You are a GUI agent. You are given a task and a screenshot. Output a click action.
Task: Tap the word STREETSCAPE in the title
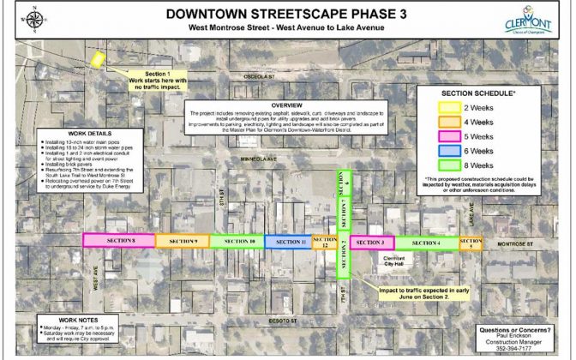pos(289,14)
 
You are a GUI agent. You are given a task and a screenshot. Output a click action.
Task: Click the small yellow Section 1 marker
pos(99,61)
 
